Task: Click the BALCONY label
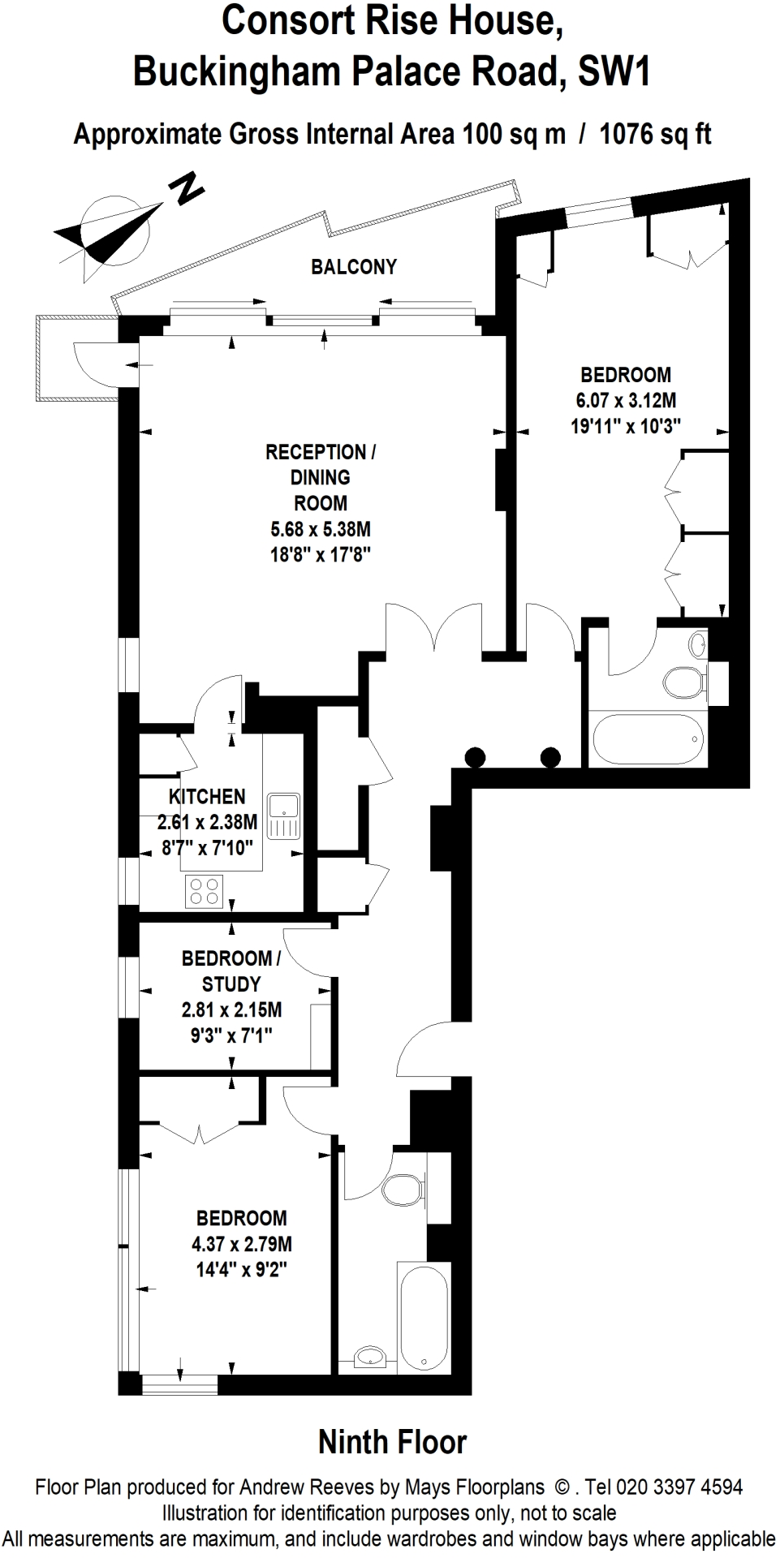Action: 354,267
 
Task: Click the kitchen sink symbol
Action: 285,815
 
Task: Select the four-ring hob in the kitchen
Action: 204,891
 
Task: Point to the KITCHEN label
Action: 207,797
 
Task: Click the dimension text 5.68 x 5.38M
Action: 321,529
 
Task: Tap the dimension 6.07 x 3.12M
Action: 626,400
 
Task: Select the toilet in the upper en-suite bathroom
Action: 681,682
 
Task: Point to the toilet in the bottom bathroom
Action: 401,1190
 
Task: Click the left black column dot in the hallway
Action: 476,757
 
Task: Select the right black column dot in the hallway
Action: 550,757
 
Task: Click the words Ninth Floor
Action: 392,1442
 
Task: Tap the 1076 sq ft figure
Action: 655,134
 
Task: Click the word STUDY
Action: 231,984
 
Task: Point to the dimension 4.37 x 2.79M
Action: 242,1243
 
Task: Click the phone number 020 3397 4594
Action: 679,1487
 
